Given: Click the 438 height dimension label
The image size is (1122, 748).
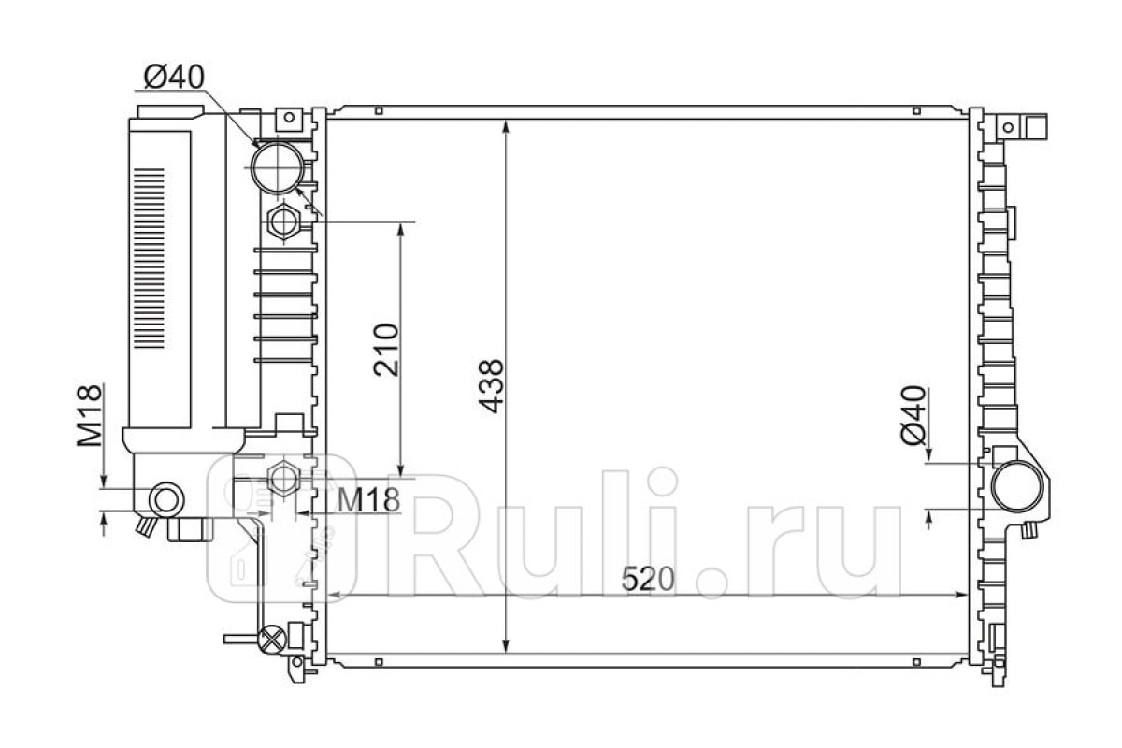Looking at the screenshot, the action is click(490, 386).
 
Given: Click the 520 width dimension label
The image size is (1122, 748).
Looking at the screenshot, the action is click(648, 579).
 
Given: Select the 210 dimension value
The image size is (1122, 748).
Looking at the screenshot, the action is click(386, 350).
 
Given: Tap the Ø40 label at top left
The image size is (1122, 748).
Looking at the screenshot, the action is click(174, 78).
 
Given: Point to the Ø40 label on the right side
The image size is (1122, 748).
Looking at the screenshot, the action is click(913, 415).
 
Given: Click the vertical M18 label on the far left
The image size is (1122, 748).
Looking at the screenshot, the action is click(90, 415).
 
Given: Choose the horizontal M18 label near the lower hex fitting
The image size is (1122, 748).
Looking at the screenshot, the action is click(368, 499).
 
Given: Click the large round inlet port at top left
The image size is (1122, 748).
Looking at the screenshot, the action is click(278, 168).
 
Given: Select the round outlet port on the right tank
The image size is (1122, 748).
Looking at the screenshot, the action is click(1017, 486).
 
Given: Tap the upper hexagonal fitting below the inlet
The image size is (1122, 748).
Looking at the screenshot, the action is click(284, 222).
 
